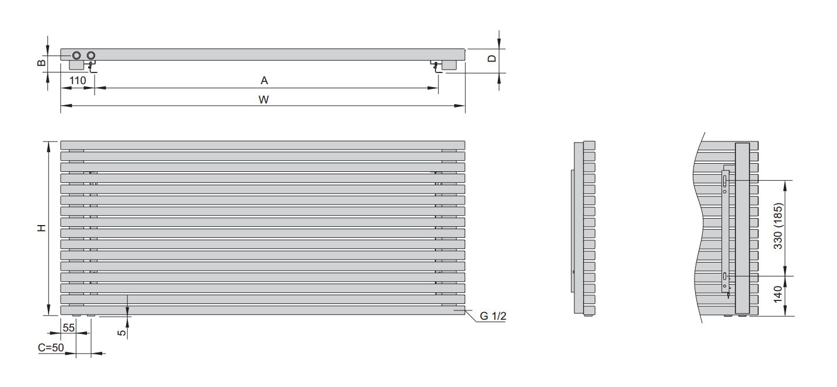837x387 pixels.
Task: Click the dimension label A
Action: pos(264,81)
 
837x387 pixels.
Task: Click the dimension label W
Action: pos(264,100)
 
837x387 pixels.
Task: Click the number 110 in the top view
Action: pos(78,81)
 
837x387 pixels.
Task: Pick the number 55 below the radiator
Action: pos(69,328)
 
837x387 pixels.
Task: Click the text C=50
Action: pos(51,348)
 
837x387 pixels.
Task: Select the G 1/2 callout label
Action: pos(493,316)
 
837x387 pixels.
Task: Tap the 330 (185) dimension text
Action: pos(777,226)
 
